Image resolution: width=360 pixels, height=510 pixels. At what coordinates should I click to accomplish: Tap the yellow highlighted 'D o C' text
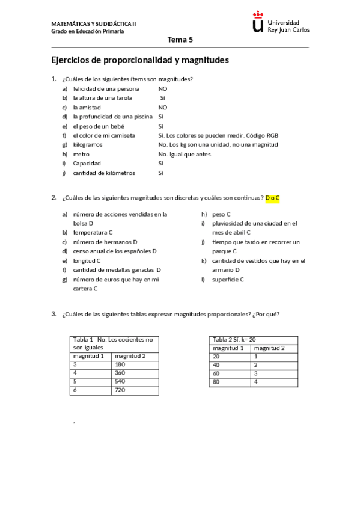[x=273, y=198]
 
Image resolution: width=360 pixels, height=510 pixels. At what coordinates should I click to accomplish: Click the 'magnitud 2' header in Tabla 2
[x=269, y=348]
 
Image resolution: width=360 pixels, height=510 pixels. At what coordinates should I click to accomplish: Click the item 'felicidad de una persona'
[x=106, y=88]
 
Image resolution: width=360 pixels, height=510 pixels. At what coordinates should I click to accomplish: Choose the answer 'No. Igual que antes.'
[x=185, y=154]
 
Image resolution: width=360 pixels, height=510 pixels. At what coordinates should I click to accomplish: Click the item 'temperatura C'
[x=93, y=232]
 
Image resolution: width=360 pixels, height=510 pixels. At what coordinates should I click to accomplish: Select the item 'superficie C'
[x=228, y=280]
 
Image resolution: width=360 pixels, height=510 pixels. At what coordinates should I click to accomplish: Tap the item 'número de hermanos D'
[x=105, y=242]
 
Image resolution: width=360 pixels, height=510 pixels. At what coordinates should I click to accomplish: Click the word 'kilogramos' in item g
[x=88, y=145]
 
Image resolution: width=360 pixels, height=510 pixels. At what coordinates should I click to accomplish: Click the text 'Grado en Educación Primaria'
[x=87, y=31]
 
